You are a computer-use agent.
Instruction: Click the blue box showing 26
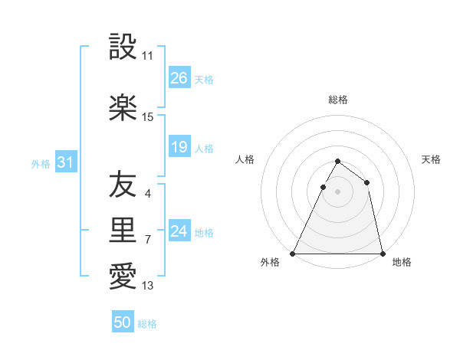pyautogui.click(x=179, y=78)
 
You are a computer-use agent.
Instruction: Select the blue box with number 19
pyautogui.click(x=179, y=147)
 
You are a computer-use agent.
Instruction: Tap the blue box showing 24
pyautogui.click(x=179, y=231)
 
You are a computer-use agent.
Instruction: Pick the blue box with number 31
pyautogui.click(x=66, y=162)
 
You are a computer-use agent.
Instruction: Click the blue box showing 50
pyautogui.click(x=123, y=322)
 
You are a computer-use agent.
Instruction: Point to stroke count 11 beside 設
pyautogui.click(x=148, y=56)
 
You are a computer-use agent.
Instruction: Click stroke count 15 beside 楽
pyautogui.click(x=148, y=117)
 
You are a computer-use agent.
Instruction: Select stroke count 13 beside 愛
pyautogui.click(x=148, y=286)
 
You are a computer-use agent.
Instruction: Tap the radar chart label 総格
pyautogui.click(x=338, y=100)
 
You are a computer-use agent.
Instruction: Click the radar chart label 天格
pyautogui.click(x=431, y=159)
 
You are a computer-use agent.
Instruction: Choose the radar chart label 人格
pyautogui.click(x=245, y=159)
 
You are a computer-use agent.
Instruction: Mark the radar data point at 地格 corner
pyautogui.click(x=382, y=253)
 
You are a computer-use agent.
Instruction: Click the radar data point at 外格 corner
pyautogui.click(x=293, y=253)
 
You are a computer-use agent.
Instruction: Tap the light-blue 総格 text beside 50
pyautogui.click(x=148, y=324)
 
